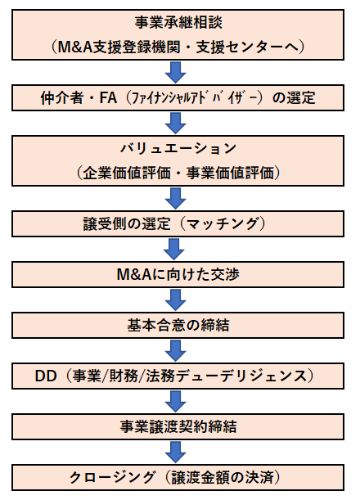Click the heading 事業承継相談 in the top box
pos(178,23)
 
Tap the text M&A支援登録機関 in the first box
pos(124,47)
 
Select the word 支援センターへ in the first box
pos(247,47)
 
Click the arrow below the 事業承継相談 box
pos(175,72)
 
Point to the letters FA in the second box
pos(108,97)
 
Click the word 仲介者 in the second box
pos(62,97)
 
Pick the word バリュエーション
pos(178,149)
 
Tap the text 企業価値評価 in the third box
pos(127,173)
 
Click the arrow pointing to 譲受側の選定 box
pos(175,198)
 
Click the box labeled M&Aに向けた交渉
pos(178,275)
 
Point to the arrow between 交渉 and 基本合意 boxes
pos(175,300)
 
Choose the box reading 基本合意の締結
pos(178,325)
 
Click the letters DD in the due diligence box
pos(46,376)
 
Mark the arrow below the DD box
pos(175,402)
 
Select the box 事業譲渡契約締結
pos(178,426)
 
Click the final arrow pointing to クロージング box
pos(175,452)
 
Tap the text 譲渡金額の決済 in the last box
pos(223,477)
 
